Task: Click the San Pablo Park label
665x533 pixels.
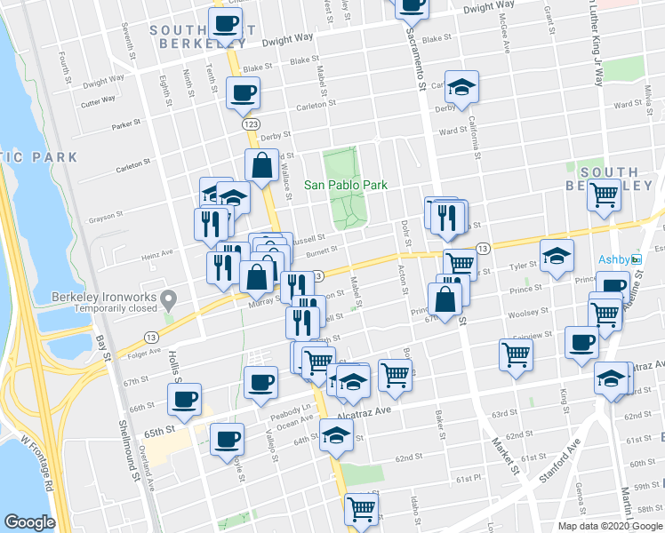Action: point(347,185)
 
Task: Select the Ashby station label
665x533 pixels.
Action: point(613,259)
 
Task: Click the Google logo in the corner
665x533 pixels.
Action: point(29,522)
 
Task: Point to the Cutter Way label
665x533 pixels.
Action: point(97,101)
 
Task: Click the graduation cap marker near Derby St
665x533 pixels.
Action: point(461,87)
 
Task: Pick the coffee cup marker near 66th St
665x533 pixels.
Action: point(184,398)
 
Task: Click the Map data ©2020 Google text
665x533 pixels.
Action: point(611,526)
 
